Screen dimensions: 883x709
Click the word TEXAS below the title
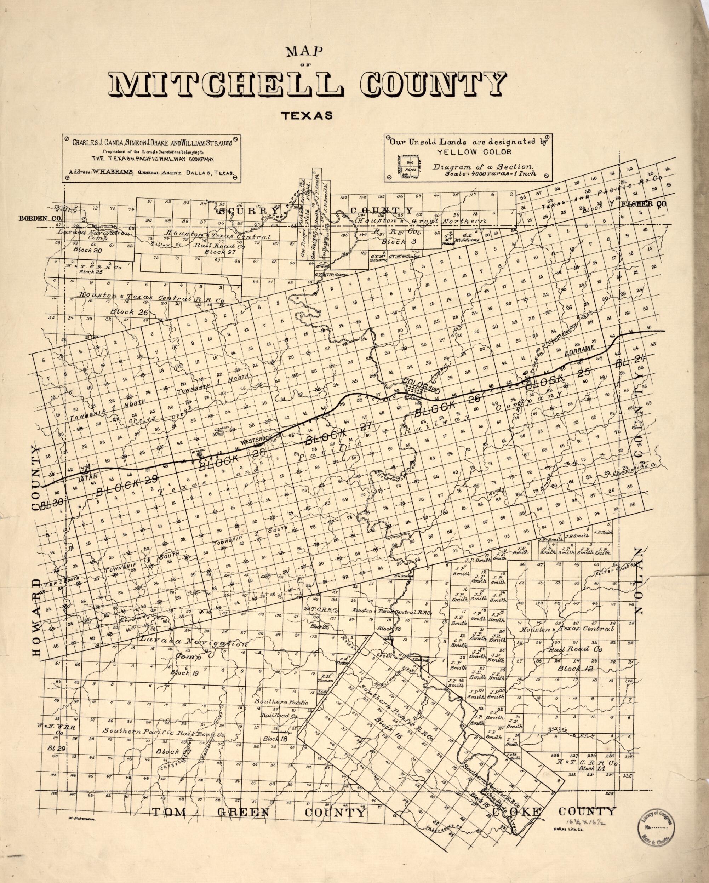click(306, 116)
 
